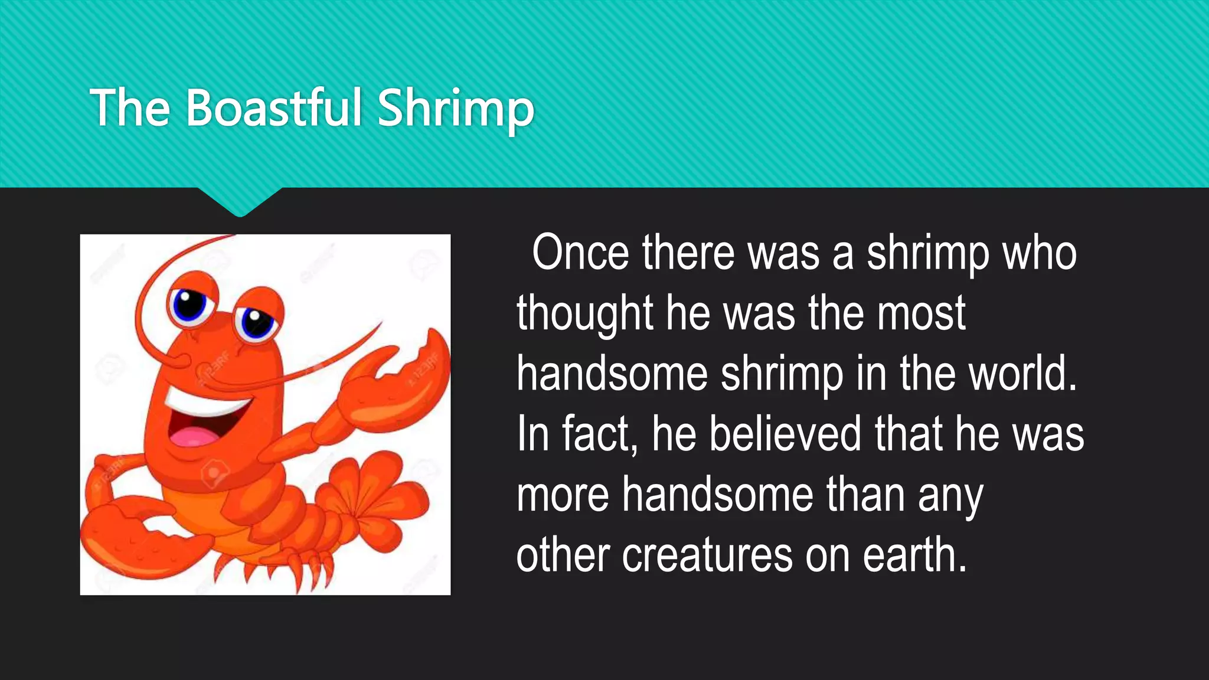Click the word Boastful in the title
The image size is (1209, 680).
(274, 107)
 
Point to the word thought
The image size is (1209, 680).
(584, 314)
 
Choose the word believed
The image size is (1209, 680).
(785, 434)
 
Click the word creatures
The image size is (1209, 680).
(707, 555)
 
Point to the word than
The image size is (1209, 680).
(865, 495)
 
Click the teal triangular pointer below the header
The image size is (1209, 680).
(240, 201)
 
